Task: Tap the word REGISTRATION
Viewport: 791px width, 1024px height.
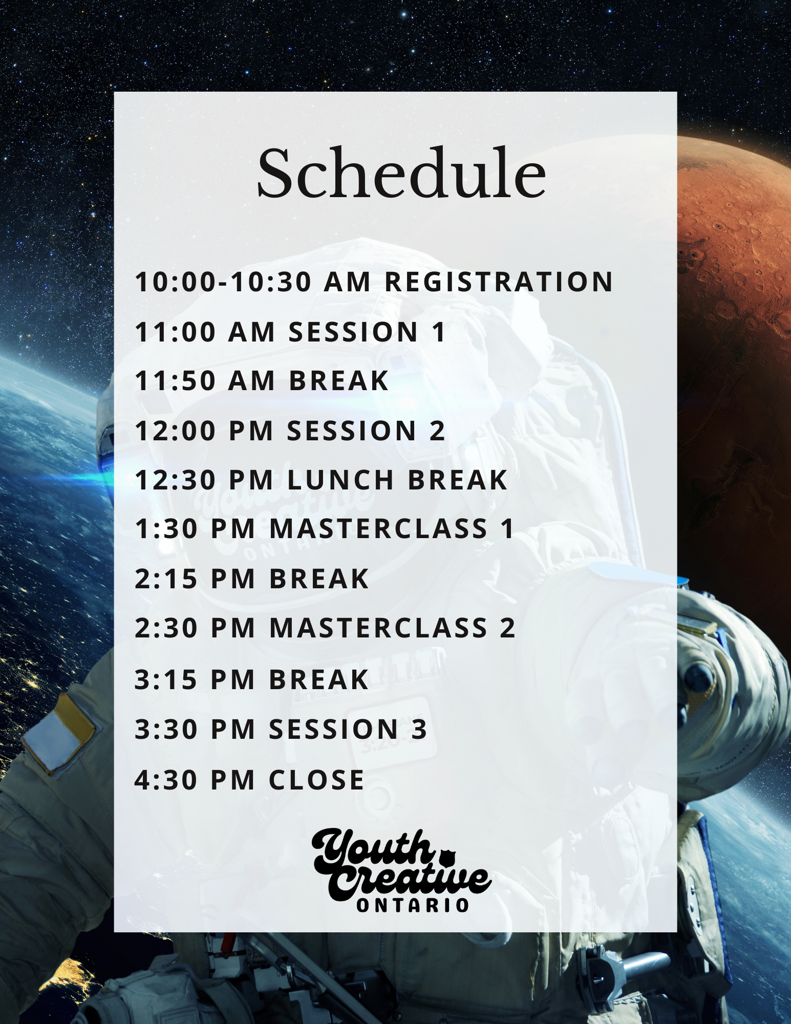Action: click(499, 282)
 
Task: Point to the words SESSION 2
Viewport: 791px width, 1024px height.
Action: click(366, 430)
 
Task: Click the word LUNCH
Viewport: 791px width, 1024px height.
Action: click(340, 480)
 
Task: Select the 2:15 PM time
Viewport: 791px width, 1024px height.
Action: click(195, 579)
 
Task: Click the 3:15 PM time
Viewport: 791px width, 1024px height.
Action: click(195, 679)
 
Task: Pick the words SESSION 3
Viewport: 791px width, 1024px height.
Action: click(348, 729)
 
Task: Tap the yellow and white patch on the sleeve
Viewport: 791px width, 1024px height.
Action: click(58, 732)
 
